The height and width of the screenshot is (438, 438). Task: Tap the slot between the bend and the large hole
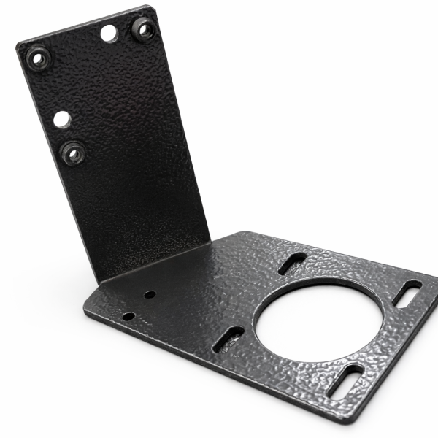pyautogui.click(x=292, y=263)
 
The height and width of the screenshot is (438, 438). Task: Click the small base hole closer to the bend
pyautogui.click(x=149, y=294)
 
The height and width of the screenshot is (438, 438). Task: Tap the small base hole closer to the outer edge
pyautogui.click(x=128, y=316)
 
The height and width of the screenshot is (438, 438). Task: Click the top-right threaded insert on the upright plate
pyautogui.click(x=142, y=28)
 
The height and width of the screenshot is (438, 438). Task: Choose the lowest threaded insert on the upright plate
pyautogui.click(x=72, y=153)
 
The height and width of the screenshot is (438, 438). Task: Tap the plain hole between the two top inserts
pyautogui.click(x=109, y=33)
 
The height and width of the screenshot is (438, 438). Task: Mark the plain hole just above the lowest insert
pyautogui.click(x=62, y=118)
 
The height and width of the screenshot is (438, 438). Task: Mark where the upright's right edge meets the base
pyautogui.click(x=210, y=244)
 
